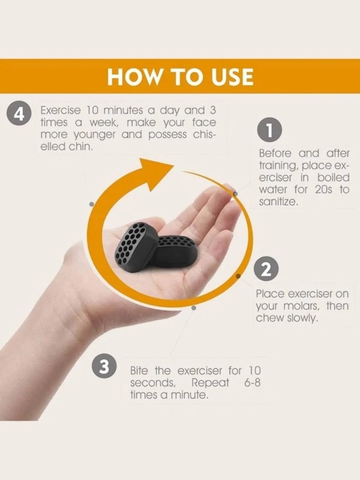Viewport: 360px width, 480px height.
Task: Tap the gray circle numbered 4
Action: coord(19,113)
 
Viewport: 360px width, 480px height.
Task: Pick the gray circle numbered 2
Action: coord(266,269)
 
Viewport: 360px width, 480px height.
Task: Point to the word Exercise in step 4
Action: coord(60,110)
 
